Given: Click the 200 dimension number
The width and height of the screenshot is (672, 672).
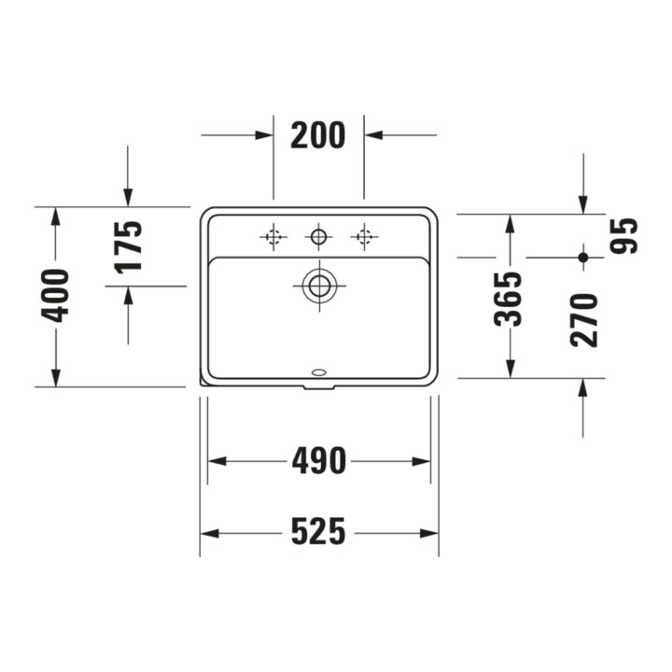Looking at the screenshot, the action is tap(317, 135).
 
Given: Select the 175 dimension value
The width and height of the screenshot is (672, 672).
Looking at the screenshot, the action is tap(128, 247).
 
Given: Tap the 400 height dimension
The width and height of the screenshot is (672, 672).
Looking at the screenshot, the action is tap(54, 296).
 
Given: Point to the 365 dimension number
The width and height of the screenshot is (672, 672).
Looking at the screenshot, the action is tap(508, 299).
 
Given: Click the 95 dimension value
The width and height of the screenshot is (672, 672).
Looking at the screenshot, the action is tap(623, 236).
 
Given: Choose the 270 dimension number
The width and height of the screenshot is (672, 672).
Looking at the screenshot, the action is tap(583, 320).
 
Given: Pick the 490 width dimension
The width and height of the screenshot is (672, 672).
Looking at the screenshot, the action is tap(318, 461).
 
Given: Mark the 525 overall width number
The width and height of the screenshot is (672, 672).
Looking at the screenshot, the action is tap(318, 531).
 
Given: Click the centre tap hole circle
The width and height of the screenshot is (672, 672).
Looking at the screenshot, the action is tap(318, 236).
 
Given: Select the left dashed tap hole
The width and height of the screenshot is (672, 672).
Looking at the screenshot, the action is tap(273, 236).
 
